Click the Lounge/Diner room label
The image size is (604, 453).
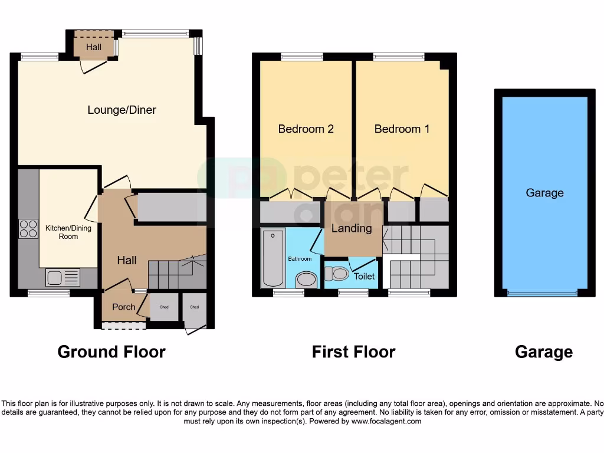(122, 110)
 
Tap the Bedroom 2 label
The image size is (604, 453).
(306, 129)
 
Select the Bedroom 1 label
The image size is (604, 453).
(402, 129)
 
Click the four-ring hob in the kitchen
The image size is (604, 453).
(28, 228)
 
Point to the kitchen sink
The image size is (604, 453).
(63, 277)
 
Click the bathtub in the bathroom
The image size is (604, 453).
(273, 258)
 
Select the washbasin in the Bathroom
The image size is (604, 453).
(306, 279)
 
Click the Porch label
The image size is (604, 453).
(123, 307)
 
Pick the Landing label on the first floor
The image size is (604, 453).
(352, 228)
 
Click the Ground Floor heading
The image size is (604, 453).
(111, 352)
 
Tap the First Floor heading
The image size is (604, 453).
(353, 352)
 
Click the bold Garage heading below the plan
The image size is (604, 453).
(543, 352)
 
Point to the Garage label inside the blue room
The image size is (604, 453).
(544, 193)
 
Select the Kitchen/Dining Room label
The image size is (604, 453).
(68, 232)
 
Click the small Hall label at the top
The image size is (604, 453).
(94, 47)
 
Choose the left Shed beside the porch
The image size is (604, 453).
(163, 308)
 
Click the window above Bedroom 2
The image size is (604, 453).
(302, 57)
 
